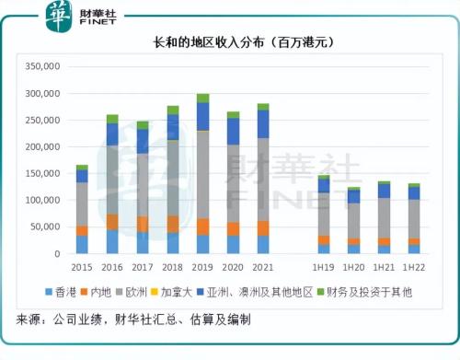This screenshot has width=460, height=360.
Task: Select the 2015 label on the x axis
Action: (82, 267)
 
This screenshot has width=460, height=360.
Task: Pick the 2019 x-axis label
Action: (202, 267)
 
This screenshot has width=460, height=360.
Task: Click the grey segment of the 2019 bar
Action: (202, 175)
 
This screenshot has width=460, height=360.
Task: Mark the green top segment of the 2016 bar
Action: (112, 119)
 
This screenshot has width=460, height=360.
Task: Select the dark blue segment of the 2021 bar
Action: (263, 123)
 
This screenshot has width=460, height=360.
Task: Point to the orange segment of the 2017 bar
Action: (143, 224)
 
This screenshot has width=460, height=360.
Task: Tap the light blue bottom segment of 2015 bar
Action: (82, 244)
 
